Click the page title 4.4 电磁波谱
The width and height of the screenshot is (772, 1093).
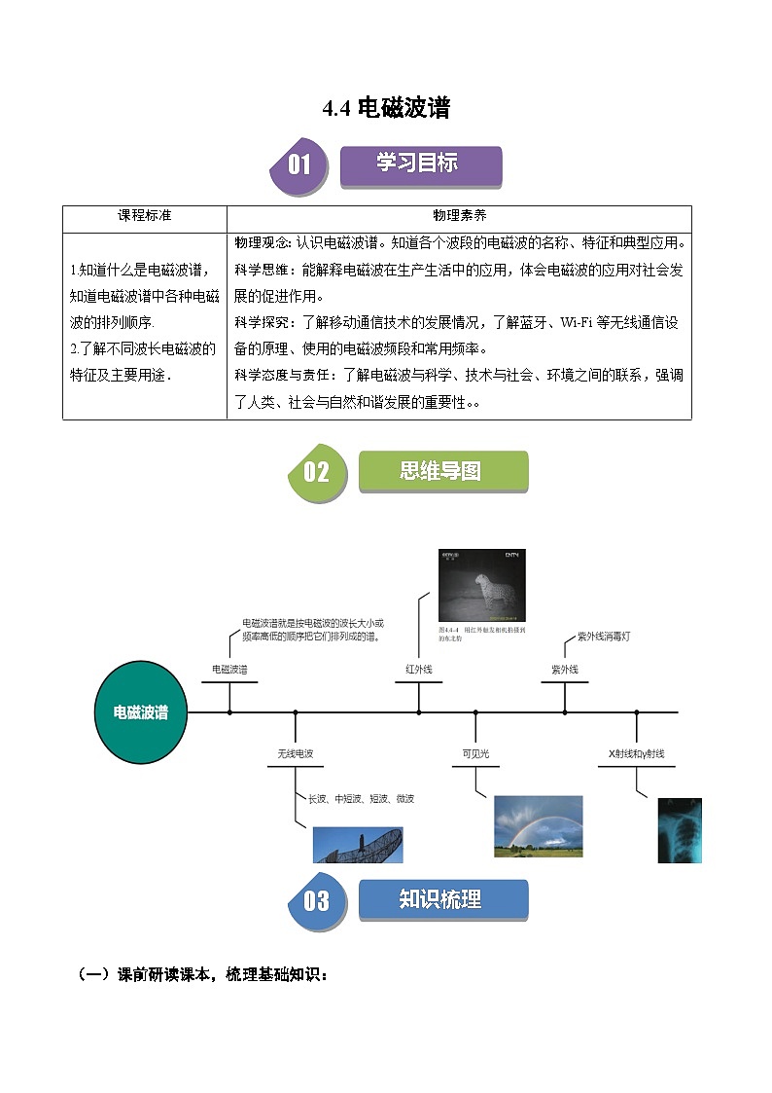(x=386, y=107)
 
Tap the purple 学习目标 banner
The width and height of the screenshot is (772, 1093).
(x=419, y=164)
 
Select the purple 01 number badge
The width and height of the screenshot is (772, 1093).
(x=298, y=164)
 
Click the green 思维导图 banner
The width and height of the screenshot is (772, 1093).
(x=442, y=472)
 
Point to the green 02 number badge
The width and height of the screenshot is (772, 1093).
(x=316, y=473)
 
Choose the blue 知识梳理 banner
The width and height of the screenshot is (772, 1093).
(x=442, y=900)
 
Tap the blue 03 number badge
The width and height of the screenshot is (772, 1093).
(x=316, y=901)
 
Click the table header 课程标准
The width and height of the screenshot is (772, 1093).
(x=145, y=216)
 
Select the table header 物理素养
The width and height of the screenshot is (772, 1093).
(x=459, y=216)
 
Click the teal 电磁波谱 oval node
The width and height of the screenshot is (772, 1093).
(x=141, y=712)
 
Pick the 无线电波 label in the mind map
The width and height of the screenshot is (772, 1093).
(x=296, y=754)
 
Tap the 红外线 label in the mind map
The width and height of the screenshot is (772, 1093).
(x=419, y=670)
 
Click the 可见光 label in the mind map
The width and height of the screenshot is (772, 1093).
(x=475, y=754)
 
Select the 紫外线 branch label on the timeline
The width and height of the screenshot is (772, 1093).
(x=565, y=670)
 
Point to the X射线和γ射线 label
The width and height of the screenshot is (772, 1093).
(x=637, y=754)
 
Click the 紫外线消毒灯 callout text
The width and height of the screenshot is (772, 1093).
(x=604, y=637)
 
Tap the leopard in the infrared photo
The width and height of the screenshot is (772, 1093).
(x=483, y=591)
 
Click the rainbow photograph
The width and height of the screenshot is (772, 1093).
(x=538, y=825)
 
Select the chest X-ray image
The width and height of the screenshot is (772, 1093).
(x=679, y=830)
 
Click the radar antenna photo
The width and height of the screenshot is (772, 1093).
(x=358, y=845)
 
